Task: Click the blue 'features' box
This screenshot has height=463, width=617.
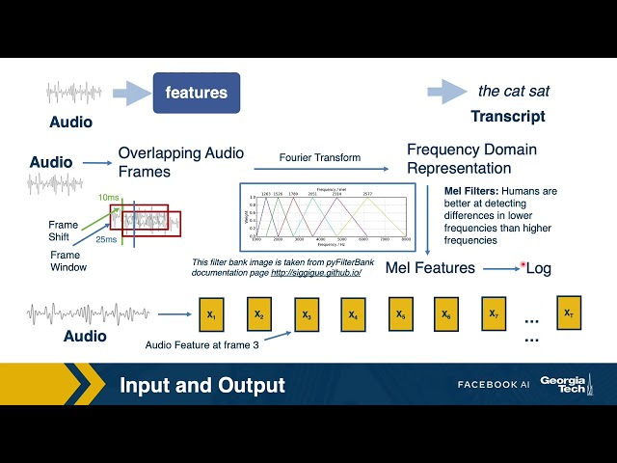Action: coord(196,93)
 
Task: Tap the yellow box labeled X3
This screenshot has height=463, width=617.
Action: coord(306,314)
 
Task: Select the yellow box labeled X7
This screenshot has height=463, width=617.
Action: coord(493,313)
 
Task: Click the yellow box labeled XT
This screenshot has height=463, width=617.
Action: coord(568,313)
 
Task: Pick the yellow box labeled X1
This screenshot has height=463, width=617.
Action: coord(211,314)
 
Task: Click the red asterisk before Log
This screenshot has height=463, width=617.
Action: coord(523,264)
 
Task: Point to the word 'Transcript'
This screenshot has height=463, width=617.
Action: coord(507,117)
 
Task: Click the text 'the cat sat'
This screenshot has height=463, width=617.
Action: coord(514,92)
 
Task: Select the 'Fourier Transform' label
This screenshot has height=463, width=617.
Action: coord(320,156)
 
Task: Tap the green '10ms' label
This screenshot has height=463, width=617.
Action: coord(110,198)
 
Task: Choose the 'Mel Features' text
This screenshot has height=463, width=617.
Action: coord(430,267)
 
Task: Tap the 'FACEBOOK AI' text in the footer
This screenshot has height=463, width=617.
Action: coord(494,385)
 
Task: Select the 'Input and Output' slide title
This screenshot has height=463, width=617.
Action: coord(202,386)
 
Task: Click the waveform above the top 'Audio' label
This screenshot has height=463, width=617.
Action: coord(73,95)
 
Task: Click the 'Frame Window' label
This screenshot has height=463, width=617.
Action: coord(68,260)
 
